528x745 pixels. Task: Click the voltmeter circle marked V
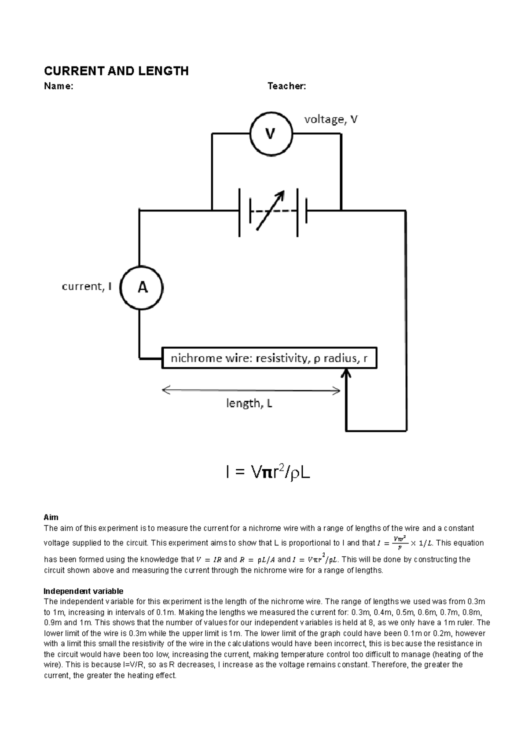pos(271,134)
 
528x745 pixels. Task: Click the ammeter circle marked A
pos(142,288)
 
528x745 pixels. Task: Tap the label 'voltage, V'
pos(331,119)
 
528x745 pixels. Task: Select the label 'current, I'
pos(87,287)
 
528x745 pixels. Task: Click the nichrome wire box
pos(269,358)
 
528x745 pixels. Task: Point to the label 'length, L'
pos(249,403)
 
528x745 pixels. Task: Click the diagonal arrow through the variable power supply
pos(270,210)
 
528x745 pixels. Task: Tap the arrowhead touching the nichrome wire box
pos(346,374)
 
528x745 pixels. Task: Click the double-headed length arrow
pos(251,390)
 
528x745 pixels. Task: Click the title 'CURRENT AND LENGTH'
pos(116,71)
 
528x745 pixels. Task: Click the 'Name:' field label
pos(59,86)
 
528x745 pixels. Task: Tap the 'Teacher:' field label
pos(287,86)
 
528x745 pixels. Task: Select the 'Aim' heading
pos(51,517)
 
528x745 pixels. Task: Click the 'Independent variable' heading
pos(84,591)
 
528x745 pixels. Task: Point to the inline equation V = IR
pos(209,560)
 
